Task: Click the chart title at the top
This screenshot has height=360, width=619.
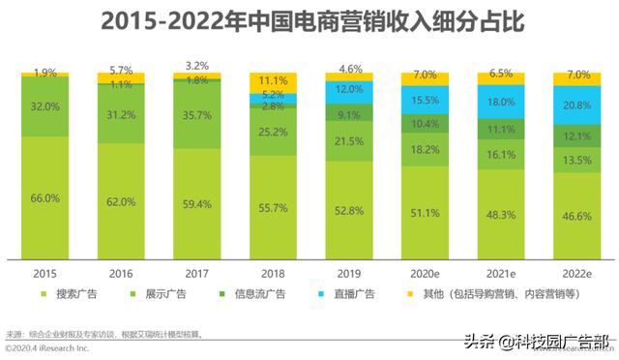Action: [309, 22]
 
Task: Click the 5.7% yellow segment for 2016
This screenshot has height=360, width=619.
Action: [123, 75]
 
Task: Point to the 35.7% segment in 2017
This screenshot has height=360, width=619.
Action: [196, 113]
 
